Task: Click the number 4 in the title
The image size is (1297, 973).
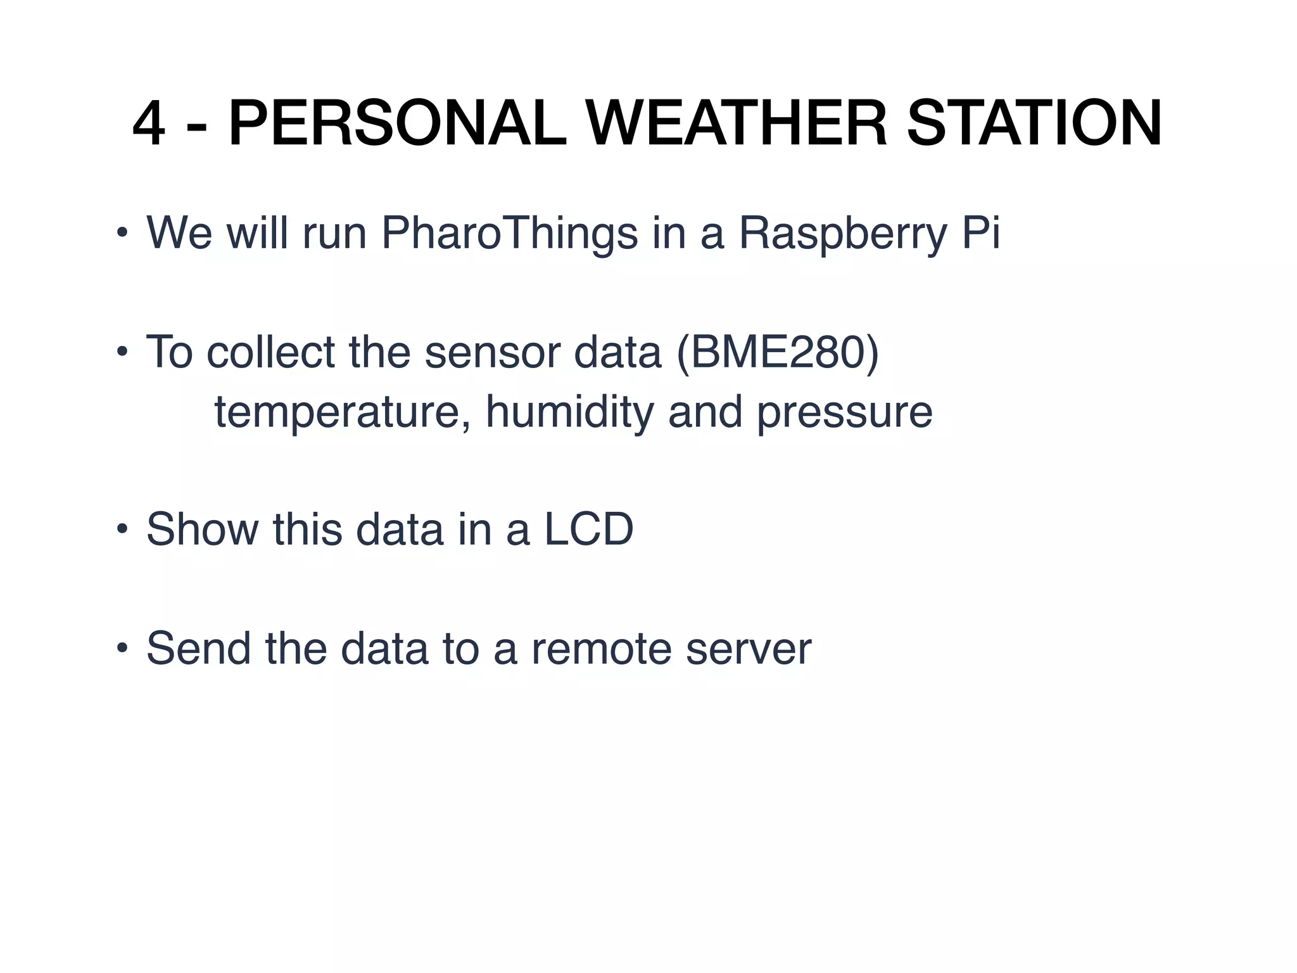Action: [149, 125]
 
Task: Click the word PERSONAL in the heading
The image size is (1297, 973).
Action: [397, 125]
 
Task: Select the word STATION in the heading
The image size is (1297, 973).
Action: [1034, 125]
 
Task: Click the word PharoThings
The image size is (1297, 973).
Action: [509, 233]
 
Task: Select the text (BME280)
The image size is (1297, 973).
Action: [778, 352]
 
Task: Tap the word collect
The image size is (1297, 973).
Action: [270, 352]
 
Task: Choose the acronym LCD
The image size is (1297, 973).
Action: [588, 530]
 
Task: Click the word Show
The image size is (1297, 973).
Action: [202, 530]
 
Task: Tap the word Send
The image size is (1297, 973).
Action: [198, 649]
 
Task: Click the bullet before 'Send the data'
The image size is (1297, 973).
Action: [122, 649]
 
